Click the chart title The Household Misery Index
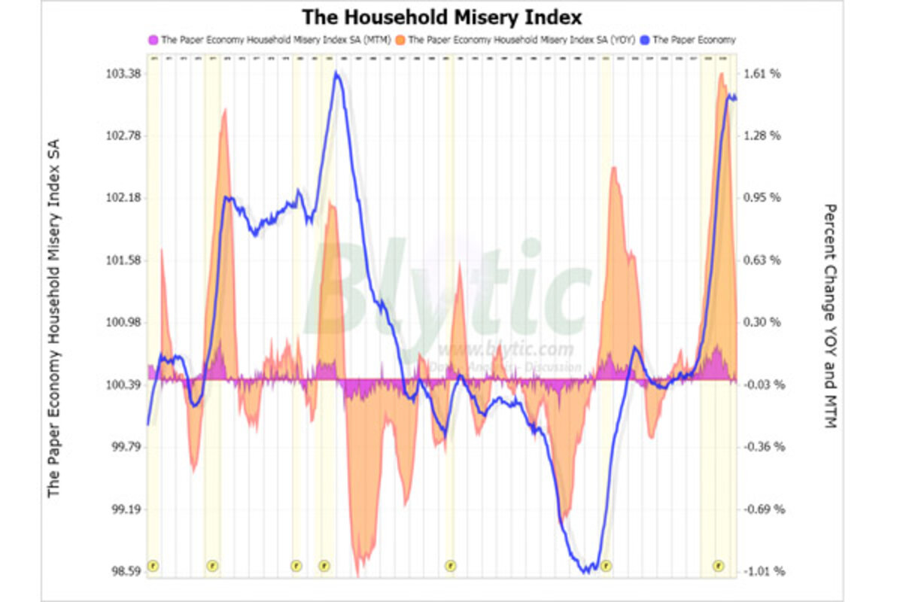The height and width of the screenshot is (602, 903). pos(442,17)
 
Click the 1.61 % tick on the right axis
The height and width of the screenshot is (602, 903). pos(763,74)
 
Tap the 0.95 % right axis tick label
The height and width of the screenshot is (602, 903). pos(763,198)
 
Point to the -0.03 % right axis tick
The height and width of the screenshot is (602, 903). pos(763,385)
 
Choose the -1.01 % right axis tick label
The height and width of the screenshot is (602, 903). pos(763,571)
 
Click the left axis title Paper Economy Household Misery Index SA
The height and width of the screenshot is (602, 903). pos(54,316)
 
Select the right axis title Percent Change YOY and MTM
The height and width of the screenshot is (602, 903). pos(829,316)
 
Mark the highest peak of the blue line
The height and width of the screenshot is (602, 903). pos(338,73)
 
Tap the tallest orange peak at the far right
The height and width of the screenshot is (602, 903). pos(721,74)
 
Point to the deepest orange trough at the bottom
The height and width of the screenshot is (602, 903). pos(357,573)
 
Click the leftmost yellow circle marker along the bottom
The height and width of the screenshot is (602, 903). pos(154,565)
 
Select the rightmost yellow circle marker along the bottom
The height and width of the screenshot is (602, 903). pos(719,565)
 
